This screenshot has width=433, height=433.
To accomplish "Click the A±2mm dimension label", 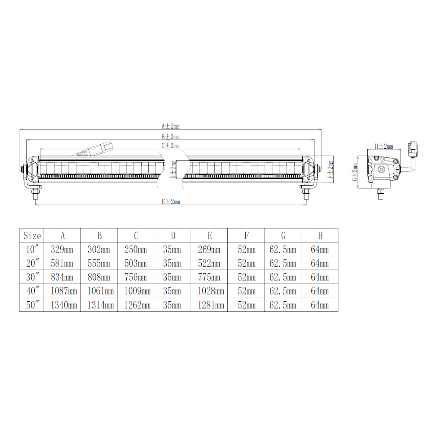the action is tap(171, 126).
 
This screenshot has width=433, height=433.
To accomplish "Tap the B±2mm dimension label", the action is tap(171, 136).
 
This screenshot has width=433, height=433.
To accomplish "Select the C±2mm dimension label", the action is tap(171, 146).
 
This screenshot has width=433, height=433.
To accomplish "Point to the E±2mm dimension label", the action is tap(171, 202).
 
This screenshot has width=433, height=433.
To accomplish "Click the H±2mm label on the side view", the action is tap(384, 146).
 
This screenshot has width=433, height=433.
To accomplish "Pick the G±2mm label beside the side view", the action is tap(355, 172).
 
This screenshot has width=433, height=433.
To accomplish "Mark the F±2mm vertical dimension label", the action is tap(331, 170).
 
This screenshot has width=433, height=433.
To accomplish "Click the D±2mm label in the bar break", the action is tap(173, 170).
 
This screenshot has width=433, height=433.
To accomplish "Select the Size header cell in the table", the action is tap(32, 236).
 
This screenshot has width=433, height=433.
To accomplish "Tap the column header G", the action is tap(283, 236).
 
